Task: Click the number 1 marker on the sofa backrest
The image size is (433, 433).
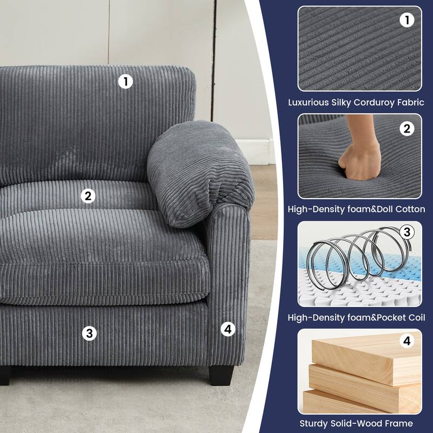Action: click(x=126, y=82)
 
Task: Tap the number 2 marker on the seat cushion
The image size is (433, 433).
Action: click(x=88, y=196)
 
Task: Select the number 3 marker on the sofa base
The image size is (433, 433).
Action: click(x=89, y=333)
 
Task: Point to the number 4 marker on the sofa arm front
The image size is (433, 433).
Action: click(x=228, y=329)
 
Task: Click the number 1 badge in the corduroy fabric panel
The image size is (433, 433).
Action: click(x=407, y=20)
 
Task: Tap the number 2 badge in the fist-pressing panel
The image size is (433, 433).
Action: click(x=407, y=129)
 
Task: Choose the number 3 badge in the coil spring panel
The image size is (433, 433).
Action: click(x=407, y=232)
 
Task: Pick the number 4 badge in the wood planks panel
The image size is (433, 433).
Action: click(x=407, y=341)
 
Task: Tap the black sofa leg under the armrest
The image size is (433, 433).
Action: click(x=221, y=376)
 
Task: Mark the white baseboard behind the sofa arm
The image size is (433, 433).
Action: click(x=254, y=152)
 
